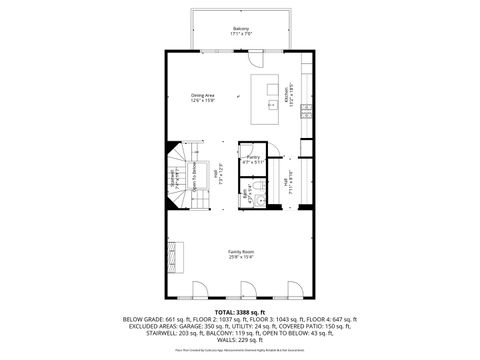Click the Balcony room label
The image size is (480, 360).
point(241,27)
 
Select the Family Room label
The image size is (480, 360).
point(241,252)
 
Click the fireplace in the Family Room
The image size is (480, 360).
point(175,257)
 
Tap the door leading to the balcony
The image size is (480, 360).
point(259,58)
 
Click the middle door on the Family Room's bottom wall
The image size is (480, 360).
point(246,291)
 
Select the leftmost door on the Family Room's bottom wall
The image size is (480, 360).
point(200,291)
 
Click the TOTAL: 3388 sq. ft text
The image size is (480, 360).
point(240,312)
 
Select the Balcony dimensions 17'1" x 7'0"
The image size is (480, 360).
point(241,33)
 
